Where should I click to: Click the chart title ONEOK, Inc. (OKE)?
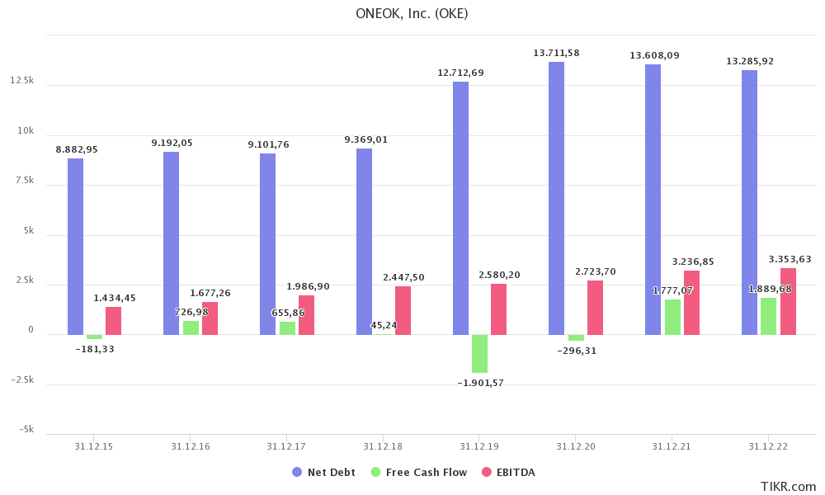click(x=412, y=13)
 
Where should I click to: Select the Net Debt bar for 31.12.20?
click(x=557, y=198)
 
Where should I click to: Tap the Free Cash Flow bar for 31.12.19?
click(x=479, y=354)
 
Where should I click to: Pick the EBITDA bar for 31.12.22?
click(x=788, y=301)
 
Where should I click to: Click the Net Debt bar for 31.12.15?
click(x=75, y=247)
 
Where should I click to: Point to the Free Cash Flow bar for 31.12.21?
click(x=672, y=317)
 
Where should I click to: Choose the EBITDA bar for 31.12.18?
click(x=403, y=310)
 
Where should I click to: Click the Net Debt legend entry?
click(x=324, y=473)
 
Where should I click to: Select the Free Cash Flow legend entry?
click(x=419, y=473)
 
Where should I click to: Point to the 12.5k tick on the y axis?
click(x=22, y=81)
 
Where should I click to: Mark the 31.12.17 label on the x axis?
click(x=286, y=446)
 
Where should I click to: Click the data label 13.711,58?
click(x=556, y=54)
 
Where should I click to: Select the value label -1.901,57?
click(x=480, y=383)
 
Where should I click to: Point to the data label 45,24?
click(x=384, y=326)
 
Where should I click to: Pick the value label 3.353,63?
click(x=790, y=260)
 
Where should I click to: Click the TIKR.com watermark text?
click(x=788, y=487)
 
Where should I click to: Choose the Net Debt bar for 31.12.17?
click(x=267, y=244)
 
